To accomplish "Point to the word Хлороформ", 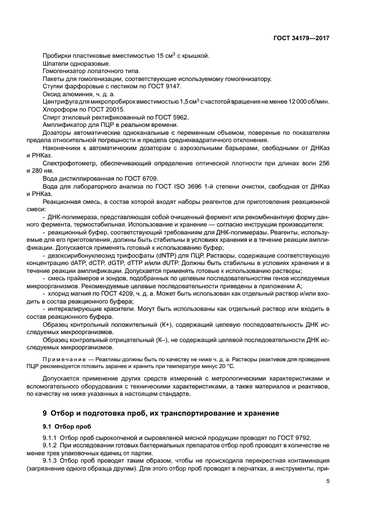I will (x=59, y=108).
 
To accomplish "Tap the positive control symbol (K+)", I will (x=160, y=324).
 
